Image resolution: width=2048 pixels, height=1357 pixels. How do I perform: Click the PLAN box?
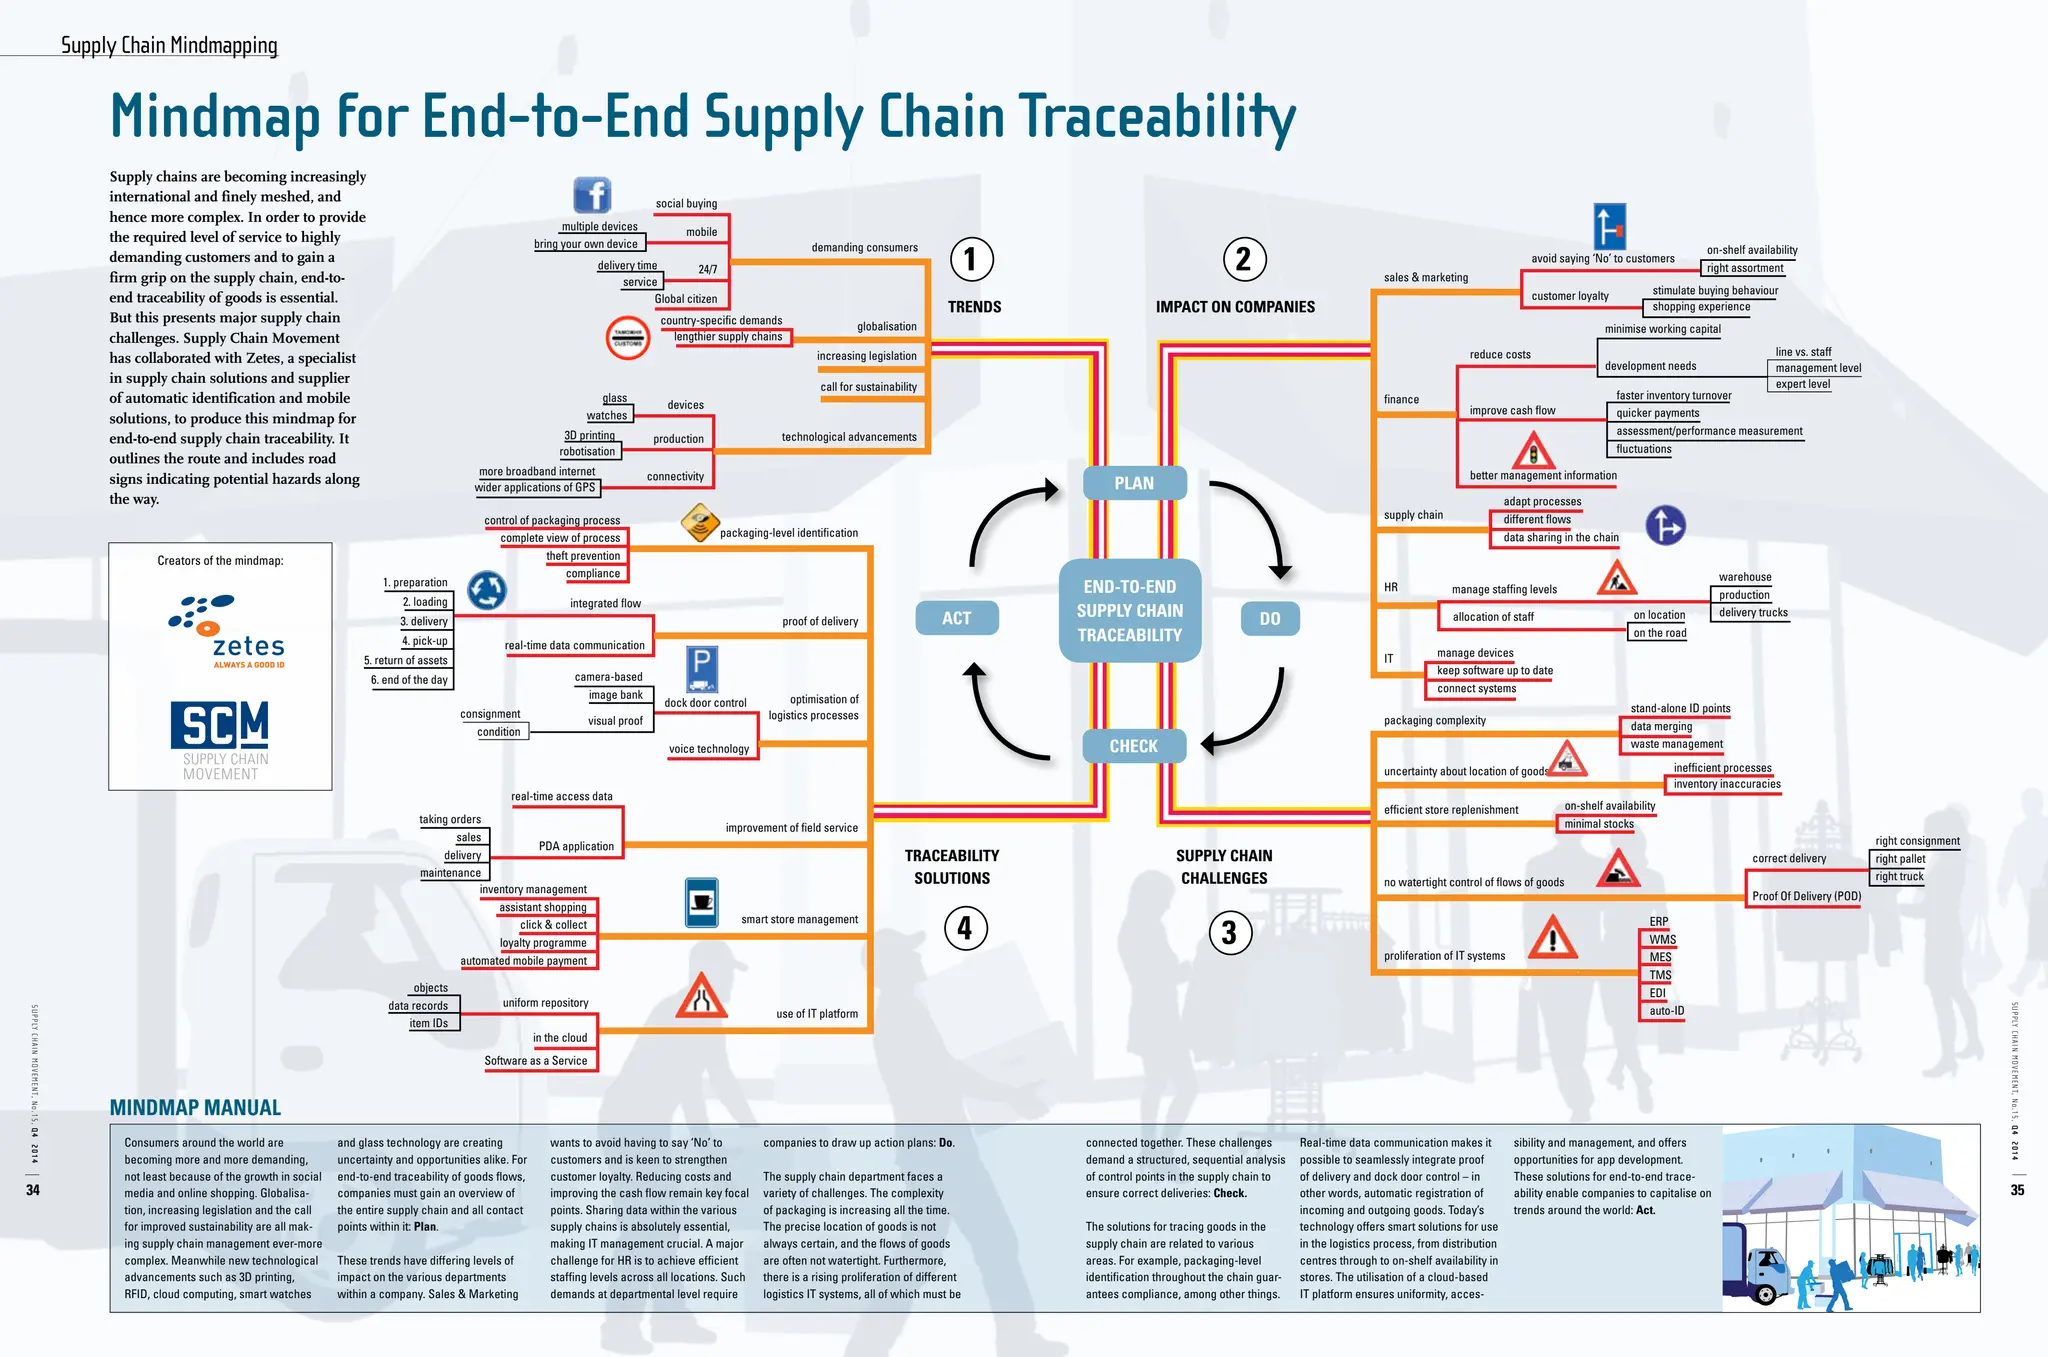point(1135,483)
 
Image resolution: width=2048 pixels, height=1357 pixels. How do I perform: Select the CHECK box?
point(1134,746)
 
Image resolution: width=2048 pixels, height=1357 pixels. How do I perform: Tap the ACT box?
point(956,618)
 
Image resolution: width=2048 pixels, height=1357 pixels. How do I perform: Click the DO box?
point(1270,619)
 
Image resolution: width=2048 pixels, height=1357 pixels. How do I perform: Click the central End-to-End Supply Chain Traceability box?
point(1130,611)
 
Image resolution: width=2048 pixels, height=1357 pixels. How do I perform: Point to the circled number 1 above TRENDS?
point(971,259)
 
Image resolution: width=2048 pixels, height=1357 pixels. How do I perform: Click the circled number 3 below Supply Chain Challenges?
point(1229,933)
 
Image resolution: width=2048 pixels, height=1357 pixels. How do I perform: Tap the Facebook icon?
point(592,195)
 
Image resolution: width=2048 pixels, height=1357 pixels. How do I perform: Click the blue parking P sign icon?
point(702,668)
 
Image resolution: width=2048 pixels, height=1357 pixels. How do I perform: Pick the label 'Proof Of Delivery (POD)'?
point(1806,896)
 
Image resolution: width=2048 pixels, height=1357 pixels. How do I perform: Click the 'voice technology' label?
point(708,749)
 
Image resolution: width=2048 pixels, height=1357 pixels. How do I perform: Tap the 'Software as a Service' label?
point(536,1061)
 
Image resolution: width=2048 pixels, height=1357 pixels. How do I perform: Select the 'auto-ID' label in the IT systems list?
point(1666,1011)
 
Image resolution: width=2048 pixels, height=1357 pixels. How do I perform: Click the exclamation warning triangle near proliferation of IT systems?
point(1553,938)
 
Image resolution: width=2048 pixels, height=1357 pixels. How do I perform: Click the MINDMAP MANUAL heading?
point(195,1108)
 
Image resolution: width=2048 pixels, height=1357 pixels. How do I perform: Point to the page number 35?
point(2017,1190)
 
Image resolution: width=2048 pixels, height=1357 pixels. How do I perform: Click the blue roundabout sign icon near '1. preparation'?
point(487,590)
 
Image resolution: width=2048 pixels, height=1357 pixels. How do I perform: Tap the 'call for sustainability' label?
point(868,387)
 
